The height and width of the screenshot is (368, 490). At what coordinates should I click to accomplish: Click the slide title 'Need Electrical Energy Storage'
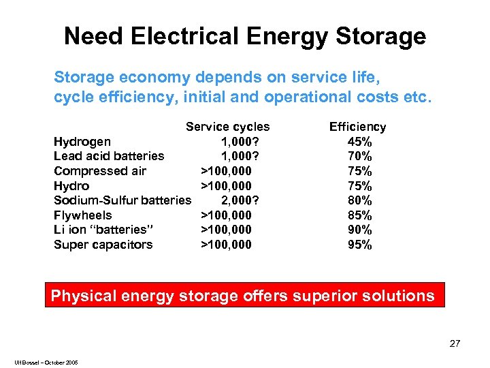pyautogui.click(x=245, y=35)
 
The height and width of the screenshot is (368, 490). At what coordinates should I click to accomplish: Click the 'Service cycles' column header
pyautogui.click(x=227, y=127)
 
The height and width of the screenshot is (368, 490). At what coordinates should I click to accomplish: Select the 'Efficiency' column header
pyautogui.click(x=357, y=127)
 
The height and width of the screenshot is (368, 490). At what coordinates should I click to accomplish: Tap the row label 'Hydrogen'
pyautogui.click(x=82, y=142)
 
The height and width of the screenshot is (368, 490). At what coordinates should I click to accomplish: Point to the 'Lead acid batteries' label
pyautogui.click(x=109, y=156)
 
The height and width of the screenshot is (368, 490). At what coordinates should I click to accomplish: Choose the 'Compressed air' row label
pyautogui.click(x=100, y=171)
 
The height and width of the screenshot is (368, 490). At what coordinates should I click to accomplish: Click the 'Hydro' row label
pyautogui.click(x=71, y=186)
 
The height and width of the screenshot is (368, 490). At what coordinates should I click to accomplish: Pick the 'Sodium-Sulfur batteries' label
pyautogui.click(x=122, y=200)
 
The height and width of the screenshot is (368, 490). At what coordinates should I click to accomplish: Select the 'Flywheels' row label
pyautogui.click(x=83, y=215)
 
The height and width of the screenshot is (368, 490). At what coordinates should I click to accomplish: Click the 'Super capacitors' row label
pyautogui.click(x=103, y=245)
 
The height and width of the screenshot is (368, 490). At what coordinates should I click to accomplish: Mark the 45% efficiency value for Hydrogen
pyautogui.click(x=359, y=142)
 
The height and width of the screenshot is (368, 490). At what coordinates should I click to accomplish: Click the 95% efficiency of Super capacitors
pyautogui.click(x=359, y=245)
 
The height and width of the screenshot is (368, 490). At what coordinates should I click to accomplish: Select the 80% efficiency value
pyautogui.click(x=359, y=200)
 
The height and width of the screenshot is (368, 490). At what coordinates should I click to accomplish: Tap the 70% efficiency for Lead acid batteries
pyautogui.click(x=359, y=156)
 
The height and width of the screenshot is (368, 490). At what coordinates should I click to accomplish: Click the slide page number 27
pyautogui.click(x=455, y=344)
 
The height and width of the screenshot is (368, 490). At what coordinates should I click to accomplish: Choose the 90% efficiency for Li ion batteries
pyautogui.click(x=359, y=230)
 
